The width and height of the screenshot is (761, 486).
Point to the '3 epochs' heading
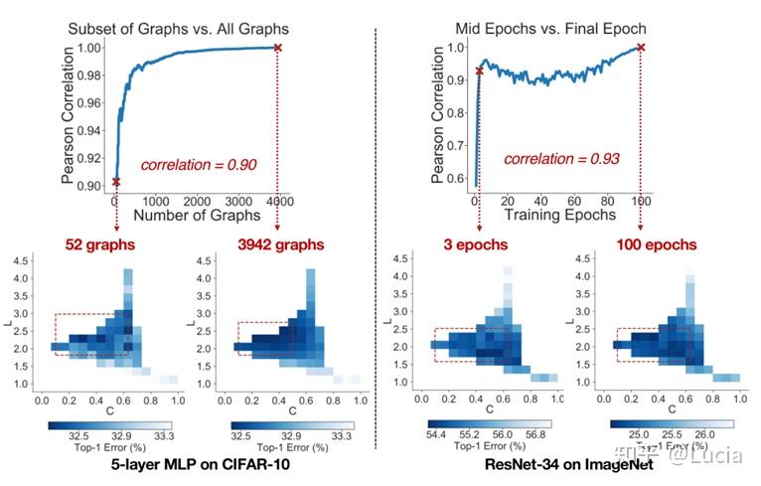(x=475, y=243)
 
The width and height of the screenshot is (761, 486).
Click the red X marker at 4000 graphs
(x=277, y=48)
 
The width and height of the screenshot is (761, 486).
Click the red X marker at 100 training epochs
(x=641, y=48)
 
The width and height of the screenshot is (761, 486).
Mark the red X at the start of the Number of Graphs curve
(x=116, y=182)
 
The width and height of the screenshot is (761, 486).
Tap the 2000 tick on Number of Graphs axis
(x=197, y=201)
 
